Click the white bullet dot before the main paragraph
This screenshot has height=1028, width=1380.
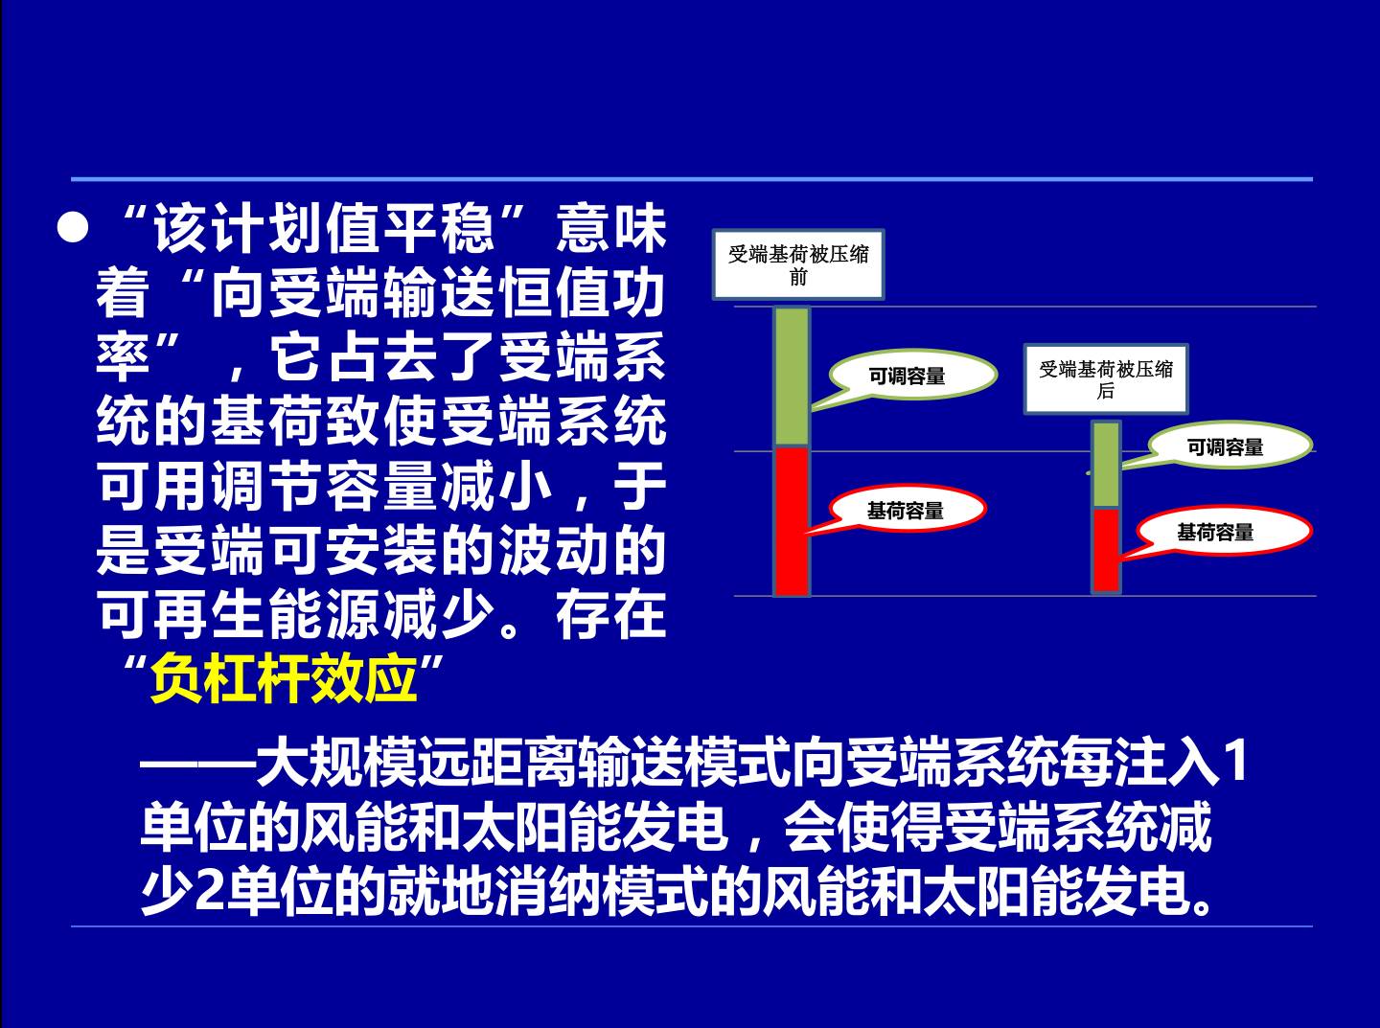coord(72,228)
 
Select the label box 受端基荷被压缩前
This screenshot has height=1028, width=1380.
coord(798,264)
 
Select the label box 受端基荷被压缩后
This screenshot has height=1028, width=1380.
coord(1106,379)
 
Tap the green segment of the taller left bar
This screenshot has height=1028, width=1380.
coord(792,377)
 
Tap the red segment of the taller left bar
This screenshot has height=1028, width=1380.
coord(792,521)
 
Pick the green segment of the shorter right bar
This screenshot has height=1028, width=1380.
coord(1106,466)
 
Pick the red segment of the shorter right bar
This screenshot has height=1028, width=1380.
coord(1106,550)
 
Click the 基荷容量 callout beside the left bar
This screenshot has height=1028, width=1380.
coord(906,511)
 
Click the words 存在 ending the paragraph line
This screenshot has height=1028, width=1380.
coord(610,615)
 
